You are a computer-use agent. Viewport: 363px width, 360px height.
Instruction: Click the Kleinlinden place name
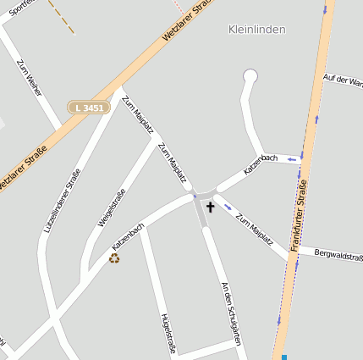[256, 30]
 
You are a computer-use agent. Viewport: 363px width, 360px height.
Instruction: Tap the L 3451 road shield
[89, 108]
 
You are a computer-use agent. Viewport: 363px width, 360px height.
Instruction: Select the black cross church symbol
[210, 207]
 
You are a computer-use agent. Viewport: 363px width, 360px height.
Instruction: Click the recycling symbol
[114, 258]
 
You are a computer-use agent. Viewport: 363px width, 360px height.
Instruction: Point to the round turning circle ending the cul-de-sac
[250, 76]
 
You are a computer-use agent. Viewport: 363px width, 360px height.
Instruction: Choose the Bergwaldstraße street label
[338, 254]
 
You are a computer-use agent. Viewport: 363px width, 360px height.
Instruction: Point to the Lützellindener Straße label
[62, 202]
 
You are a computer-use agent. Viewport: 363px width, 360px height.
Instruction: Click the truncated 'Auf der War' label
[343, 80]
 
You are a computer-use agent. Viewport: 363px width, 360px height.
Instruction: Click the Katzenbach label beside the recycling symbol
[128, 236]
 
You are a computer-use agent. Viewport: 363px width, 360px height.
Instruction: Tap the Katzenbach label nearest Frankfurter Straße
[261, 164]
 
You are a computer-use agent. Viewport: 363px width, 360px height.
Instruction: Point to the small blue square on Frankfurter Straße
[284, 357]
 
